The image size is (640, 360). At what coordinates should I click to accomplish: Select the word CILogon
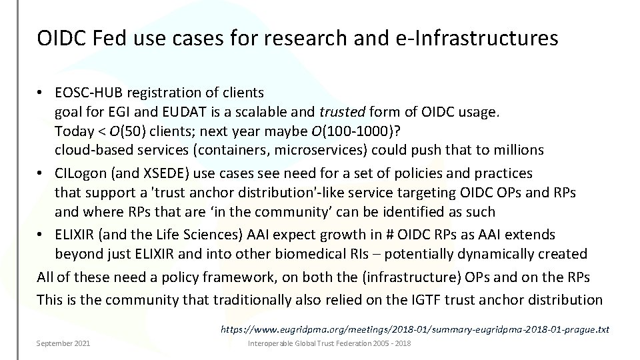pyautogui.click(x=81, y=173)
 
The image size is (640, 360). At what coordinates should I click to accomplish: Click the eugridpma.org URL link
pyautogui.click(x=414, y=329)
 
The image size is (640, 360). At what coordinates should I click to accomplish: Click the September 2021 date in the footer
pyautogui.click(x=64, y=343)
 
